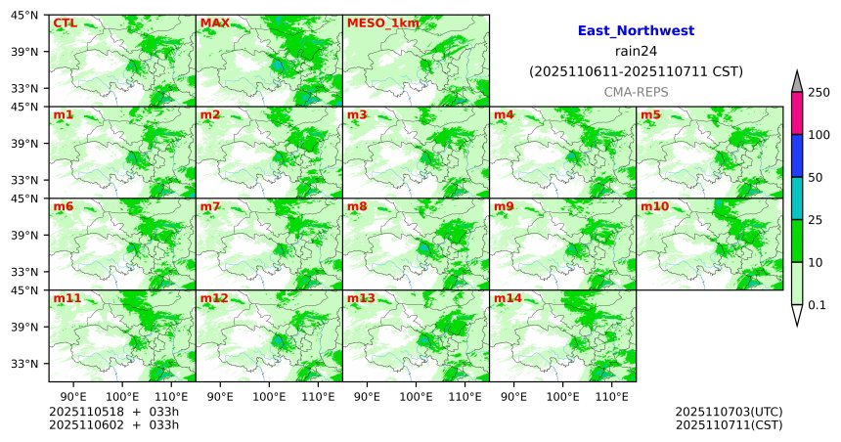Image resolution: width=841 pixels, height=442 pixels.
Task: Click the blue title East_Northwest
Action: pos(636,31)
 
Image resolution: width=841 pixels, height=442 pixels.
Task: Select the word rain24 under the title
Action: pos(636,52)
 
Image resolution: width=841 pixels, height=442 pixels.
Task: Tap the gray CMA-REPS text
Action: pos(636,91)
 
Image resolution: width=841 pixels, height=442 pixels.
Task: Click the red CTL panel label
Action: pos(65,22)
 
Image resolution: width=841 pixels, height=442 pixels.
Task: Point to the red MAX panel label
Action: pos(214,22)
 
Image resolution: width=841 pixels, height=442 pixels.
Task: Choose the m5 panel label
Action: pos(650,115)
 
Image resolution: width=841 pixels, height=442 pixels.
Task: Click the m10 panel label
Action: pos(654,207)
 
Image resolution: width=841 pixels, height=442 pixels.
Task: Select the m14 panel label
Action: pos(508,298)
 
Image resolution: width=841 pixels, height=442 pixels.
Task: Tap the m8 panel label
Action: pos(357,207)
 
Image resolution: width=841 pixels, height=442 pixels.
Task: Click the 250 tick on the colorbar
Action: pos(819,93)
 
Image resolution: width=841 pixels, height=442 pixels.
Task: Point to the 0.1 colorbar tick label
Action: pos(817,305)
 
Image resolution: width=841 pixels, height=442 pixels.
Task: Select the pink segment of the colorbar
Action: pos(796,113)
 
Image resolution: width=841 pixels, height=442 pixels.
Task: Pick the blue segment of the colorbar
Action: pos(796,155)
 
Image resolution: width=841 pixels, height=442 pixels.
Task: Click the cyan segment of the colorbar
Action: pos(796,199)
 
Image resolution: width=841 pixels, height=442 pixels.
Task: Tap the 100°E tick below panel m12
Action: pos(269,396)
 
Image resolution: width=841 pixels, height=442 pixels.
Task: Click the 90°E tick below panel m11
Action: pos(73,396)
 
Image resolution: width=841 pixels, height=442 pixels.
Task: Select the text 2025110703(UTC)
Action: pos(729,412)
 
